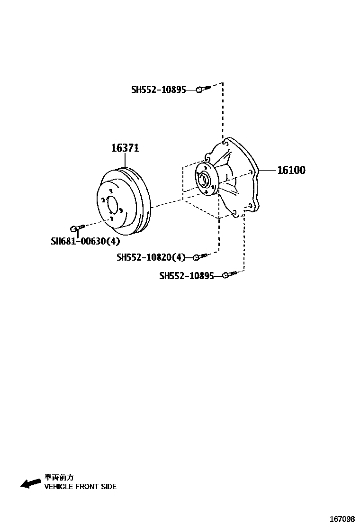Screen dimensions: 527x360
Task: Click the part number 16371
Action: pyautogui.click(x=125, y=148)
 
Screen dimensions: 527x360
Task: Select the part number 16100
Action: pyautogui.click(x=291, y=170)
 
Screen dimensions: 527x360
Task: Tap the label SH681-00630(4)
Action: pyautogui.click(x=85, y=241)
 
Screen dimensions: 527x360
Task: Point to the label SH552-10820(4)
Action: pyautogui.click(x=151, y=257)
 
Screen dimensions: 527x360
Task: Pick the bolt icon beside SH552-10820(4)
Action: pyautogui.click(x=199, y=257)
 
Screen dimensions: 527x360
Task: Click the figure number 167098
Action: pyautogui.click(x=342, y=519)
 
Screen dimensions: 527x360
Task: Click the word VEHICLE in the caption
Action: pyautogui.click(x=59, y=487)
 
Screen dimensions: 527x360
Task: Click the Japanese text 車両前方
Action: pyautogui.click(x=59, y=478)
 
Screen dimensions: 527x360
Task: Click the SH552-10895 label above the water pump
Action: pyautogui.click(x=158, y=89)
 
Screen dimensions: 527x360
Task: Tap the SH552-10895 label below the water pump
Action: pyautogui.click(x=186, y=275)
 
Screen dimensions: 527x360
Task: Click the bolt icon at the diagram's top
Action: pyautogui.click(x=202, y=89)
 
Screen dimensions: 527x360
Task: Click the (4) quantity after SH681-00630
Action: pyautogui.click(x=113, y=241)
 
